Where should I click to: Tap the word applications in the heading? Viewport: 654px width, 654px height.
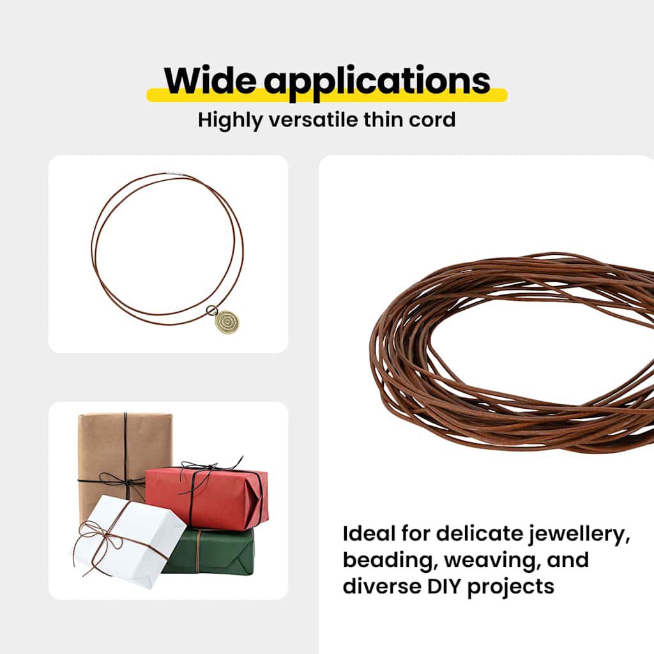click(377, 81)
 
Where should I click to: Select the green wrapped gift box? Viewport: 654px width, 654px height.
click(211, 551)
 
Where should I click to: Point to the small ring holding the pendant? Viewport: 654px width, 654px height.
click(210, 310)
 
